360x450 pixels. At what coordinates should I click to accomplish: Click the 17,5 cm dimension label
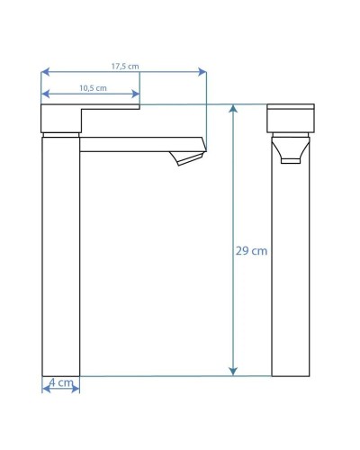[125, 67]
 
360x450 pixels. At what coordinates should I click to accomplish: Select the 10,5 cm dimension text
[93, 88]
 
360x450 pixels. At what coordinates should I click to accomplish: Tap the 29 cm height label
[251, 251]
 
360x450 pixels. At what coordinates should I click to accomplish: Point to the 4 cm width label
[61, 382]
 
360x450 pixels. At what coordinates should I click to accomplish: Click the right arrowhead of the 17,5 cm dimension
[202, 72]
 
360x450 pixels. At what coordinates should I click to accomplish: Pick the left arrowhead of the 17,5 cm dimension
[45, 72]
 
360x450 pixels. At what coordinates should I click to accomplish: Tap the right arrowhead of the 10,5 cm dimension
[136, 94]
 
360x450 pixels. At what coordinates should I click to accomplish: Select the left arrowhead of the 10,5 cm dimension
[45, 94]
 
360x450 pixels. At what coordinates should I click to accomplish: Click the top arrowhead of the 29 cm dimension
[233, 109]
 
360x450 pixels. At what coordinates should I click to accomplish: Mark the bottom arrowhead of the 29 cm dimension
[233, 372]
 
